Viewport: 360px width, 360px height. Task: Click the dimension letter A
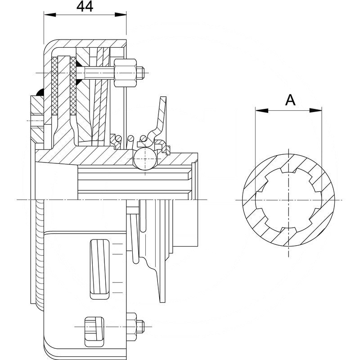(x=291, y=100)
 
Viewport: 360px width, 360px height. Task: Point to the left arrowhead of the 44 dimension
(x=46, y=15)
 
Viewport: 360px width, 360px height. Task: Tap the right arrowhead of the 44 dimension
(x=123, y=15)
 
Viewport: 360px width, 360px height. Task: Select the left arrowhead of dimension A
(x=258, y=110)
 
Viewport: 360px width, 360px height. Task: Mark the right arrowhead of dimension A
(x=319, y=110)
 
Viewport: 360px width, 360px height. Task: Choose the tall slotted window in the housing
(x=99, y=269)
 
